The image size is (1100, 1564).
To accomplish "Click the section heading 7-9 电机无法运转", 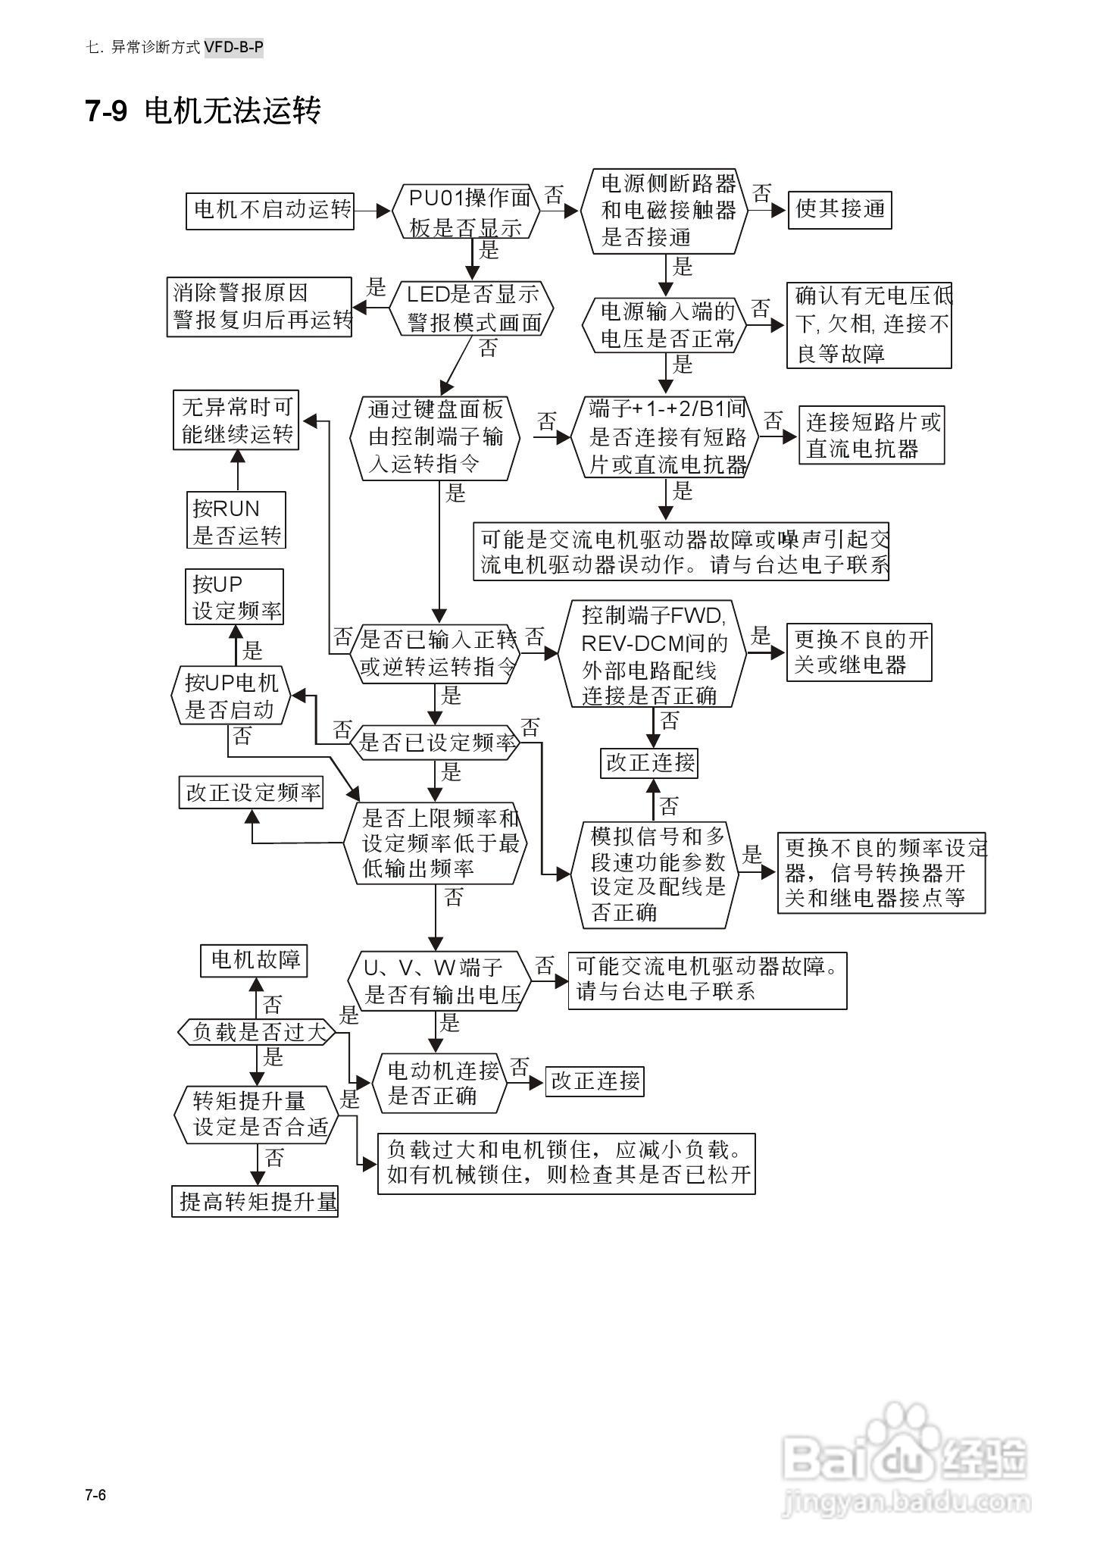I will [203, 111].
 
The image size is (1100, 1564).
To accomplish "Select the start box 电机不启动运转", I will [270, 210].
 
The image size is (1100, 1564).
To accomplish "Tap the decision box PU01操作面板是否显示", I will [467, 212].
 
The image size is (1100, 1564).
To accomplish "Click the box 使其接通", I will [840, 209].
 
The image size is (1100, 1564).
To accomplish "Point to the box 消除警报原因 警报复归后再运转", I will [260, 307].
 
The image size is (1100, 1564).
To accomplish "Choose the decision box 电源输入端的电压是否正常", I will [665, 324].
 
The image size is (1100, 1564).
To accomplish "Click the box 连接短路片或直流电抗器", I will [871, 436].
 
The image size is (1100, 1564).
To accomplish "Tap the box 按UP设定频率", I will [234, 597].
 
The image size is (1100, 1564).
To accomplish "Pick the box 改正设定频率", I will [252, 793].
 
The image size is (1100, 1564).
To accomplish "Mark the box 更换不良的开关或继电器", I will [859, 652].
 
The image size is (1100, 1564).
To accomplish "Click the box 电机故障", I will [254, 961].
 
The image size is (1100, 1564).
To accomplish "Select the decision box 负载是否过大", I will [255, 1032].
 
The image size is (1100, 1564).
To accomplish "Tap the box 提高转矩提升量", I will [255, 1201].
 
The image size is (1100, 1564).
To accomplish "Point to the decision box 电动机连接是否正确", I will [439, 1083].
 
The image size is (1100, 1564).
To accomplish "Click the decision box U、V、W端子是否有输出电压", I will [439, 981].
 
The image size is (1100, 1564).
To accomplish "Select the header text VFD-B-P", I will [233, 48].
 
